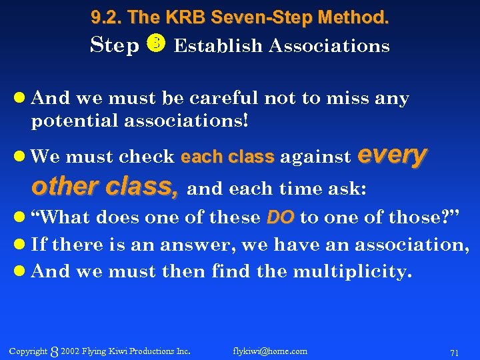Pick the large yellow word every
[x=393, y=154]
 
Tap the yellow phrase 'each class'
[x=227, y=157]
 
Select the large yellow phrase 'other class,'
[x=105, y=187]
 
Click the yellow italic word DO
[x=280, y=217]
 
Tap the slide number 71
[x=454, y=352]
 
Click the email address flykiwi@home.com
[x=270, y=351]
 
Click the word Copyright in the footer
[x=29, y=351]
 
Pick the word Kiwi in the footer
[x=116, y=351]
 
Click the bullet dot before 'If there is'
[x=21, y=245]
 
